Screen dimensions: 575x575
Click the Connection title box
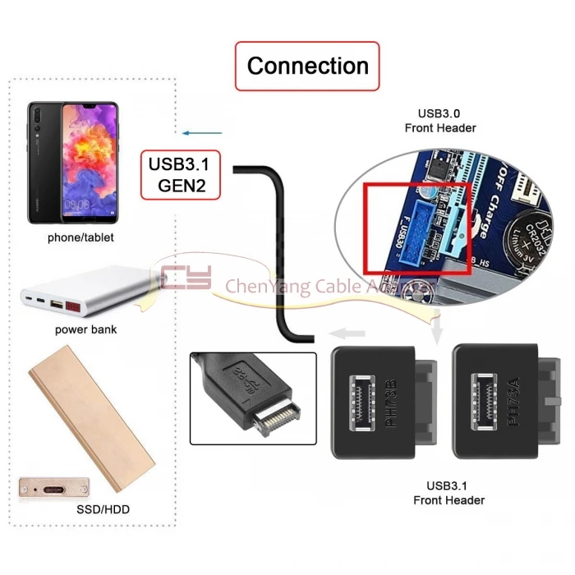308,66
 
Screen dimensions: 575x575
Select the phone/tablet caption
80,237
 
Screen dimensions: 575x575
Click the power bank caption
86,329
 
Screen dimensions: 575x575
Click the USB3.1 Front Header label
448,493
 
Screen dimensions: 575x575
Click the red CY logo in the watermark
186,278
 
